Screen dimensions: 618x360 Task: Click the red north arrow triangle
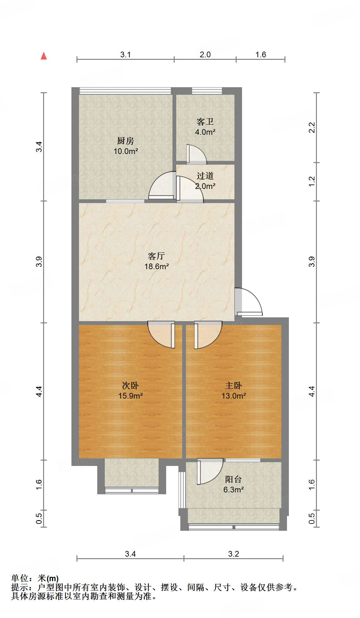(44, 56)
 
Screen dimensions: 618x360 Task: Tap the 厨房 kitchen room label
(126, 141)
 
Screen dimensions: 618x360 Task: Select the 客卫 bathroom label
(205, 122)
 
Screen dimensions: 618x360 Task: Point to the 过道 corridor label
(205, 176)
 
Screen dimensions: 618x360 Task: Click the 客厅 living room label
(156, 256)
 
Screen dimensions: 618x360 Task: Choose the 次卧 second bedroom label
(130, 385)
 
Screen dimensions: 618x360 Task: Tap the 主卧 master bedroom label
(233, 385)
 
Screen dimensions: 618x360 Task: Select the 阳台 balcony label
(233, 479)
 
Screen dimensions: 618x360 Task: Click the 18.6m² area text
(156, 267)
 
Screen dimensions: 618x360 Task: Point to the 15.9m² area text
(130, 396)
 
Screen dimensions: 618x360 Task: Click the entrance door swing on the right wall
(249, 302)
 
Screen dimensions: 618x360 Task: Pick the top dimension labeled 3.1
(125, 55)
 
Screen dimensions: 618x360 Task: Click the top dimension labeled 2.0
(205, 55)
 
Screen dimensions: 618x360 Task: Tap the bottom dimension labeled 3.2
(233, 554)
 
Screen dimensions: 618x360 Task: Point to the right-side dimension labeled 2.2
(312, 128)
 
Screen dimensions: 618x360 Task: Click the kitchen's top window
(125, 91)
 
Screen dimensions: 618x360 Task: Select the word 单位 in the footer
(20, 578)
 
